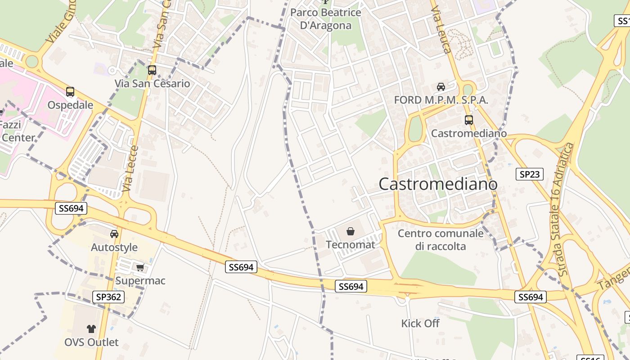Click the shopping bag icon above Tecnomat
tap(351, 232)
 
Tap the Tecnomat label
tap(351, 245)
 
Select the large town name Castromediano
tap(438, 184)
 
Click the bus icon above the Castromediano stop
tap(469, 120)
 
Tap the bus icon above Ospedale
tap(70, 92)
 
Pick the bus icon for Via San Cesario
tap(152, 70)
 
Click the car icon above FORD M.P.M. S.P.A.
tap(441, 87)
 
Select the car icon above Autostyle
tap(114, 234)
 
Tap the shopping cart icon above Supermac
tap(140, 268)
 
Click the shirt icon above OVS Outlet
tap(91, 329)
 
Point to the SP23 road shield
tap(530, 174)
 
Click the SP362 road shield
tap(108, 297)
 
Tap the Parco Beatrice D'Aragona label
tap(325, 19)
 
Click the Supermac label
tap(140, 281)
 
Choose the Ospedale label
tap(71, 105)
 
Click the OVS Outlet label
tap(91, 342)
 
